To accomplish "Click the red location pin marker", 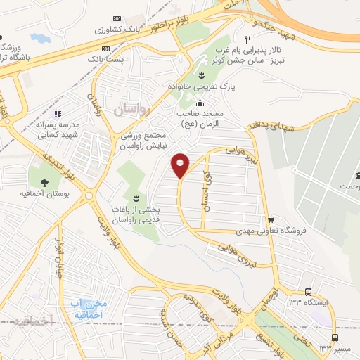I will pyautogui.click(x=181, y=165).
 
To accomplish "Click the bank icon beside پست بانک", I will pyautogui.click(x=106, y=49).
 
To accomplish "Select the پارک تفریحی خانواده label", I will pyautogui.click(x=202, y=86).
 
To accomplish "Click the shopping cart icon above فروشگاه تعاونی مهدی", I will pyautogui.click(x=270, y=219).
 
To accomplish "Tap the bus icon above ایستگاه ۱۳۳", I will pyautogui.click(x=308, y=291).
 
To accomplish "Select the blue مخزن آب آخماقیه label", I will pyautogui.click(x=89, y=308).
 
